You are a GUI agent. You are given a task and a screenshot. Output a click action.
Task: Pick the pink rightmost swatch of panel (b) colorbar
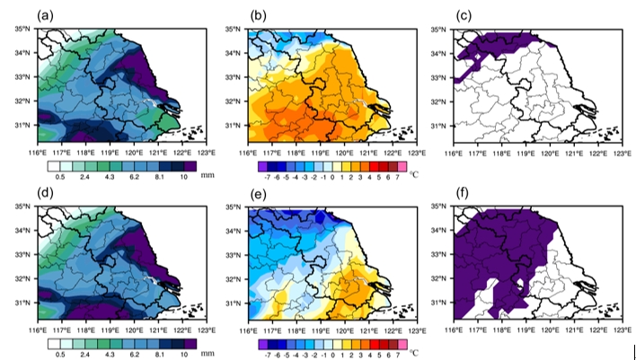[x=402, y=166]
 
